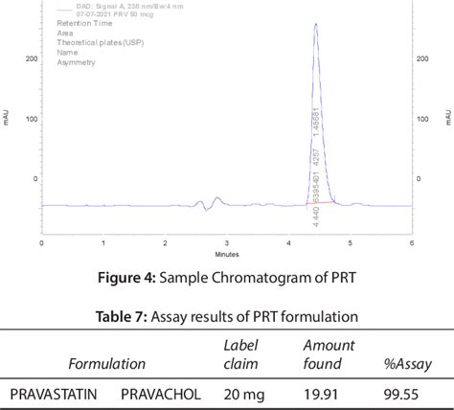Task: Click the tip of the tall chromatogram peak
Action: [x=316, y=25]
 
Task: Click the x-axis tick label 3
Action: [x=226, y=242]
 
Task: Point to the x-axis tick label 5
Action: [x=350, y=242]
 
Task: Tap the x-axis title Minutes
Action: [x=226, y=254]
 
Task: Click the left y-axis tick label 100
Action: [x=31, y=119]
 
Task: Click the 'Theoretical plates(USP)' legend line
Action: [x=95, y=43]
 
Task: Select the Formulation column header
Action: [x=106, y=364]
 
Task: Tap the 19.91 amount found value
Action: [x=322, y=393]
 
